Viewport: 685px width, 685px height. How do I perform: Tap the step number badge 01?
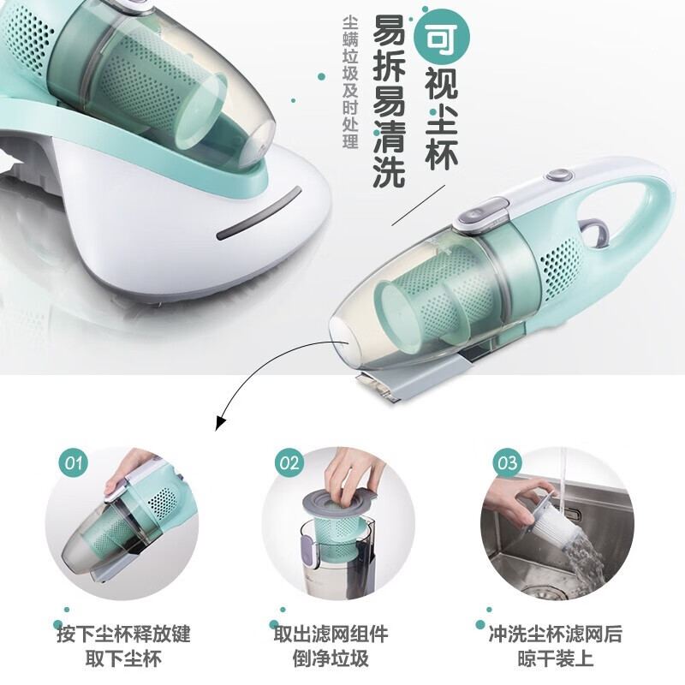(x=74, y=463)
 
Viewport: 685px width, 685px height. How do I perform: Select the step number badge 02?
(x=289, y=463)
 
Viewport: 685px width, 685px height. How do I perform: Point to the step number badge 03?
(x=507, y=463)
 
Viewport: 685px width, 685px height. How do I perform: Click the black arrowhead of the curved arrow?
(x=220, y=422)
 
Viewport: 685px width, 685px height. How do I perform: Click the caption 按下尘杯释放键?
(x=123, y=634)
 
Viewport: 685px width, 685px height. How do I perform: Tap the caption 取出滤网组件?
(x=331, y=634)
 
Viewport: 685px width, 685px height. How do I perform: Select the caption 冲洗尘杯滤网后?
(x=555, y=634)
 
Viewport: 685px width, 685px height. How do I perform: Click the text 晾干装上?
(x=555, y=658)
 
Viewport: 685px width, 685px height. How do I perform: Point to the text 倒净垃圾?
(x=331, y=658)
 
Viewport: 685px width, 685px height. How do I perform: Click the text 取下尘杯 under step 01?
(x=123, y=658)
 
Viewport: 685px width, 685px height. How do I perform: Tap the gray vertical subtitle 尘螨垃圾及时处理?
(x=350, y=82)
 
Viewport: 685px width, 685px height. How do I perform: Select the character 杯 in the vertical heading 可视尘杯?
(x=442, y=154)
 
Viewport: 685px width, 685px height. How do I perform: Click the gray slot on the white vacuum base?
(x=259, y=213)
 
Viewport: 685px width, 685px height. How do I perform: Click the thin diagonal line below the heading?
(x=419, y=205)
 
